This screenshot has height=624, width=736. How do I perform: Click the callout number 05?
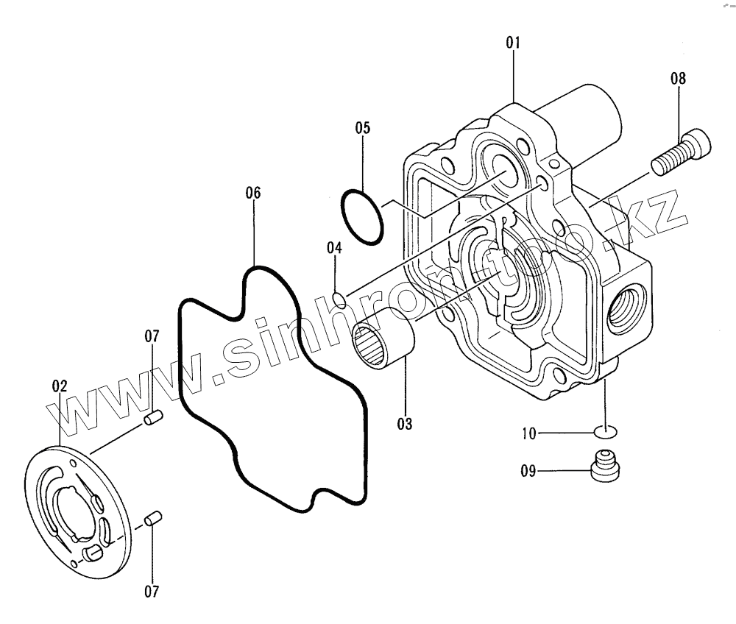(362, 127)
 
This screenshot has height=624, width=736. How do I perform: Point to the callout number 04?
(334, 248)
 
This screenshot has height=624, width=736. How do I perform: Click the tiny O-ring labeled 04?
(339, 299)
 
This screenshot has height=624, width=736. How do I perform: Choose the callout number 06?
(252, 193)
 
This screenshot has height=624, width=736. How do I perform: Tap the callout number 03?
(404, 424)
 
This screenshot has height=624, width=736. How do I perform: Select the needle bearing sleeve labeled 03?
(384, 341)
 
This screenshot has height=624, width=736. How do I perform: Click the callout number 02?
(60, 385)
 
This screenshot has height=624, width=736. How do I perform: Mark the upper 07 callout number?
(152, 336)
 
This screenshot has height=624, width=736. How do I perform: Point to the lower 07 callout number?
(152, 591)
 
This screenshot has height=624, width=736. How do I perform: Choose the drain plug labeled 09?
(605, 467)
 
